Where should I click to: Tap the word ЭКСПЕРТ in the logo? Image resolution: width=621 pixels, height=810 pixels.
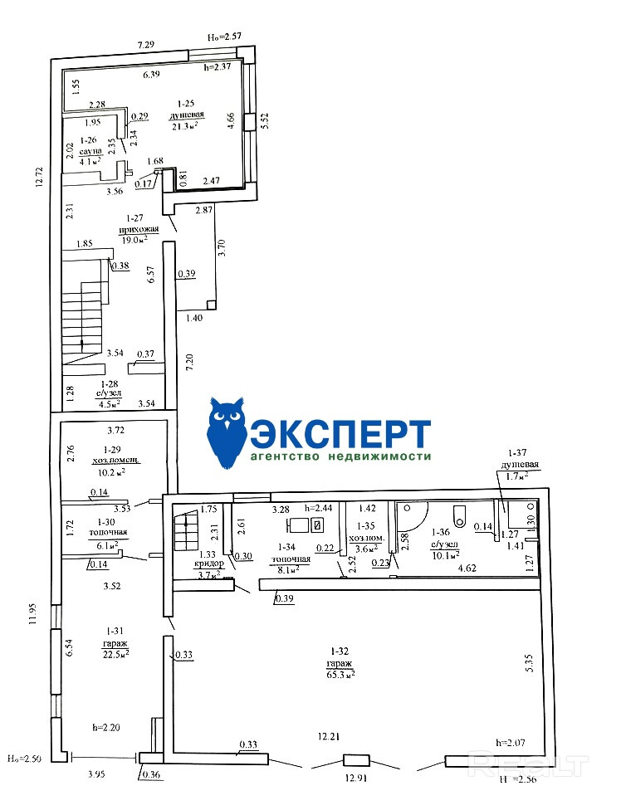340,434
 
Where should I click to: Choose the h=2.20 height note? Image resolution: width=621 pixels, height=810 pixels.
108,727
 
